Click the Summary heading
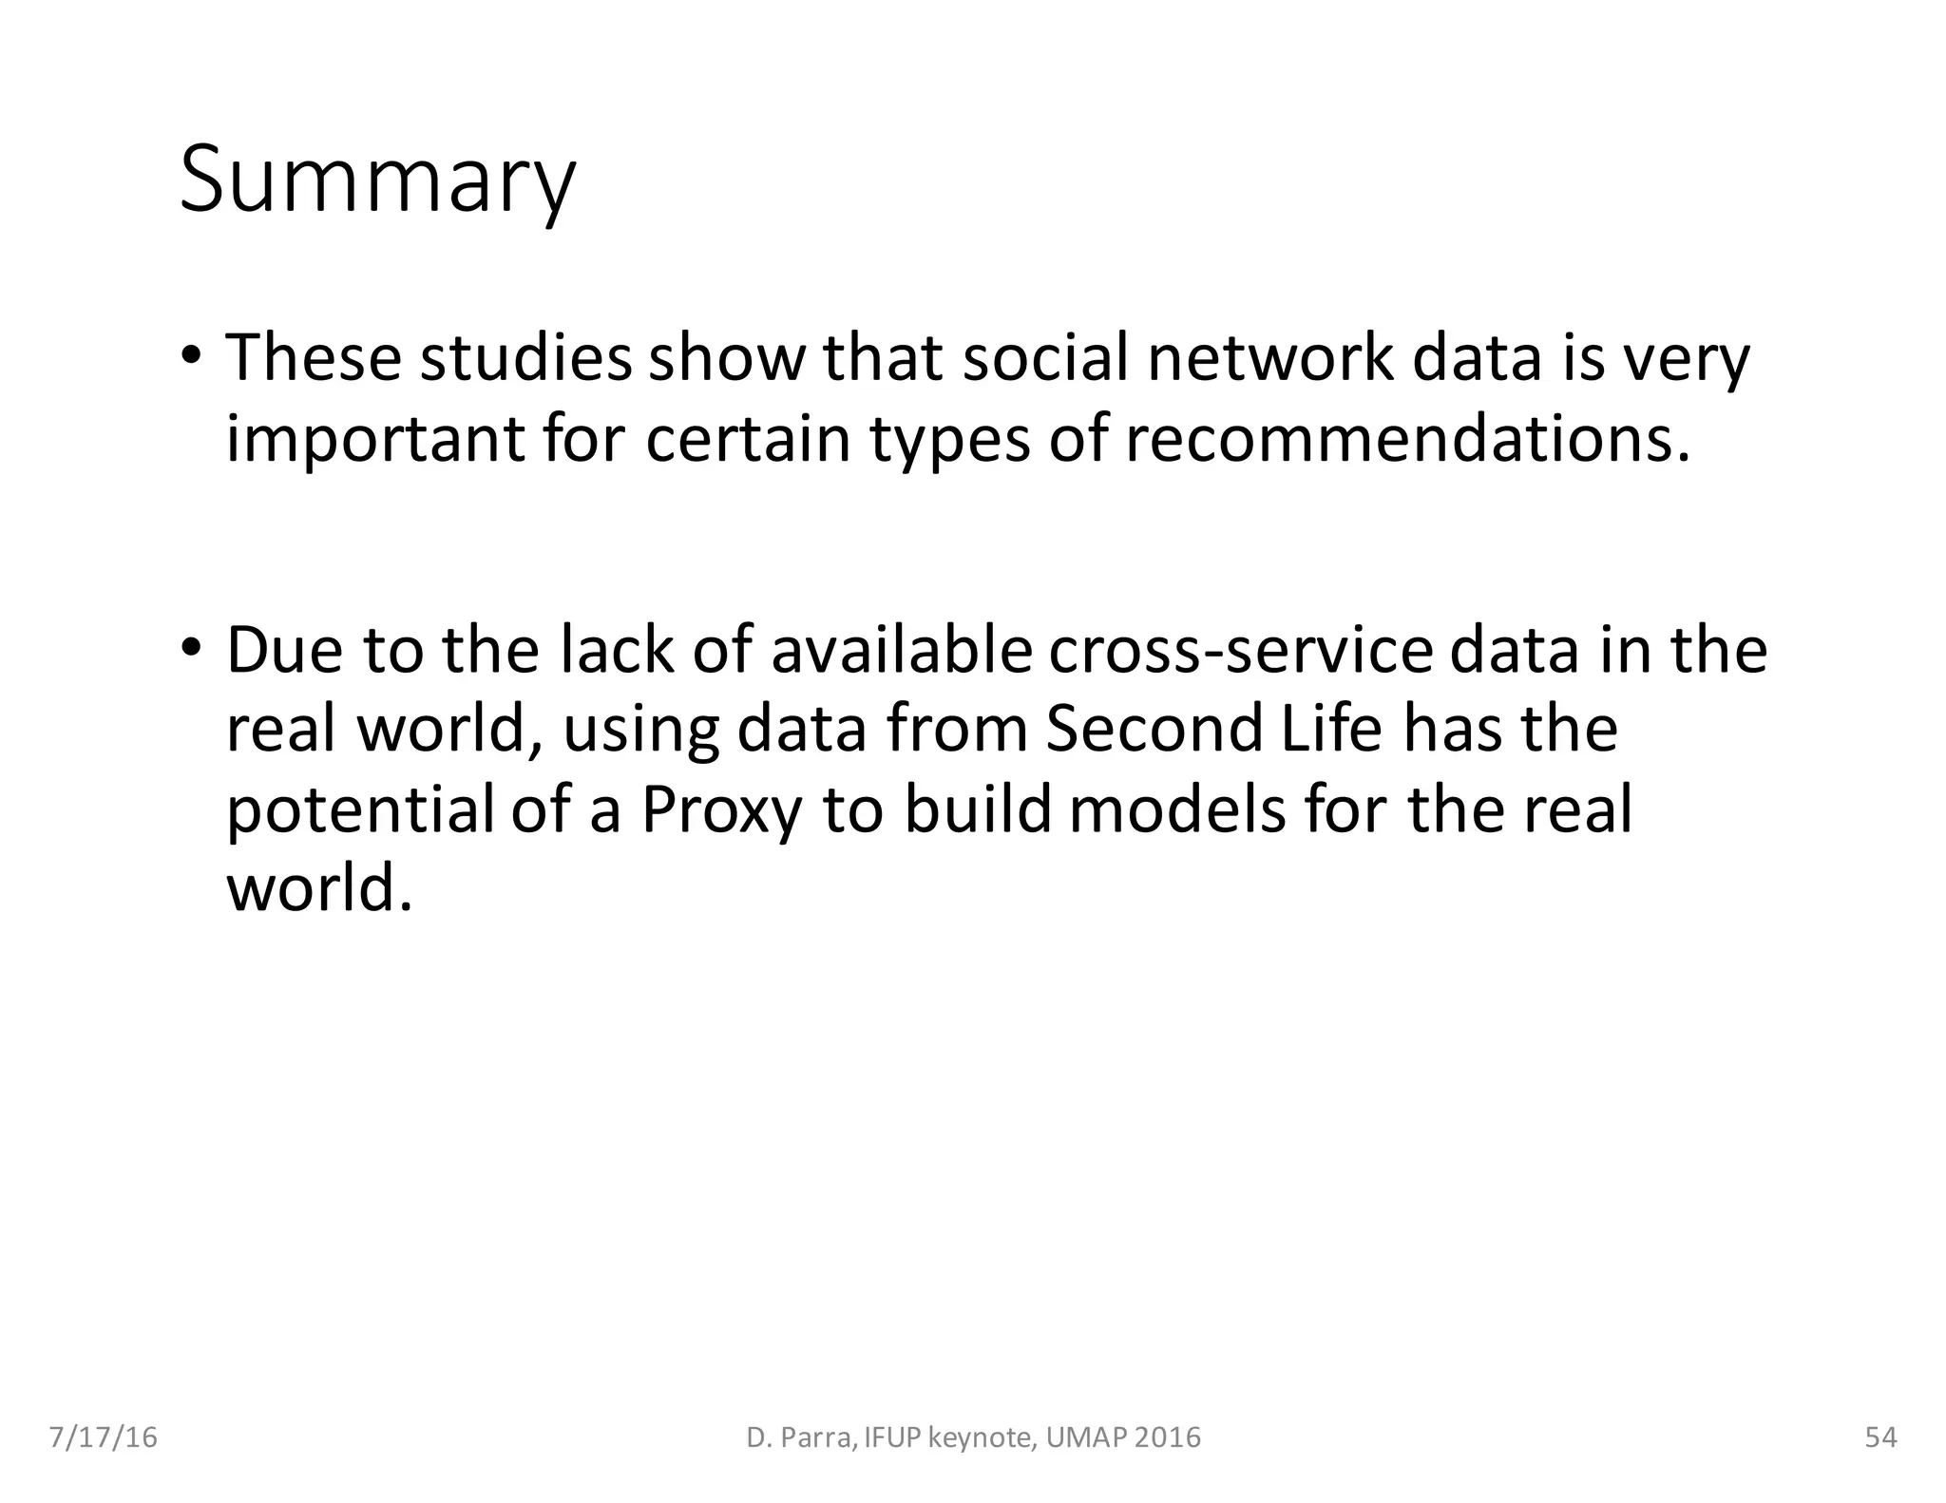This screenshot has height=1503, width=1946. (377, 180)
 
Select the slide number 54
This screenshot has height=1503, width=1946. (1880, 1437)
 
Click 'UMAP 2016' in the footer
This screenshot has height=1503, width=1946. (1123, 1437)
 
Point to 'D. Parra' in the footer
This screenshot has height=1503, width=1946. (800, 1437)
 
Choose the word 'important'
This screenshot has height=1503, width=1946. (374, 439)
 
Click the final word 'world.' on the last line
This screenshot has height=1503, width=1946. (319, 888)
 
